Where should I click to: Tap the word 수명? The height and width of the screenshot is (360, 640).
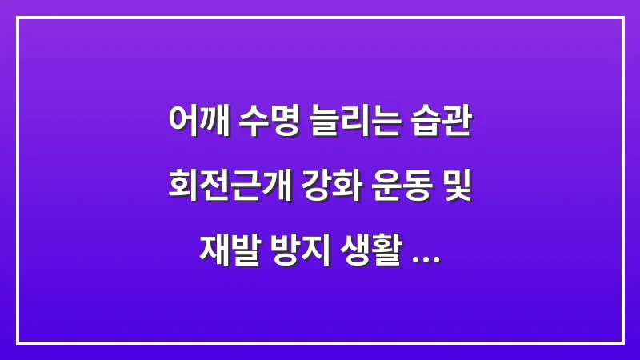pyautogui.click(x=268, y=124)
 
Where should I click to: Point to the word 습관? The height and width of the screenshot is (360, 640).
pyautogui.click(x=442, y=124)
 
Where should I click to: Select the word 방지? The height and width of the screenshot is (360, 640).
pyautogui.click(x=296, y=257)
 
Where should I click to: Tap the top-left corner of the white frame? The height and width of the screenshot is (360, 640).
pyautogui.click(x=18, y=18)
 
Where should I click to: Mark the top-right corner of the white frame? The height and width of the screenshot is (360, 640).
pyautogui.click(x=622, y=18)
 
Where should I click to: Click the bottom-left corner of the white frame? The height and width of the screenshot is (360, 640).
pyautogui.click(x=18, y=342)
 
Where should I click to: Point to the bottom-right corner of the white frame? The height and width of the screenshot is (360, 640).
pyautogui.click(x=622, y=342)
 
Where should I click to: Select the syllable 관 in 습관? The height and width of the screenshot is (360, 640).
pyautogui.click(x=457, y=124)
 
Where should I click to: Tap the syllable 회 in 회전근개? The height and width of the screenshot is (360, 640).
pyautogui.click(x=181, y=190)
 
